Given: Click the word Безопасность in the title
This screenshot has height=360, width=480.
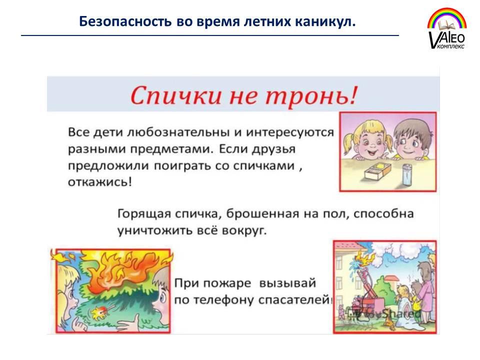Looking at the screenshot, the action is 125,21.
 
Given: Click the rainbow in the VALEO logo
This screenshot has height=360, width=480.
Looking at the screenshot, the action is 447,18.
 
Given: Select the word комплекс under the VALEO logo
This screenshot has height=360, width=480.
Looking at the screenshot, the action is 451,46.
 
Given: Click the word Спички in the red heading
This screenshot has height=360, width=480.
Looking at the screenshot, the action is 175,95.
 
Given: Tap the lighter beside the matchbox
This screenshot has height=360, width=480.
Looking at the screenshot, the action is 406,174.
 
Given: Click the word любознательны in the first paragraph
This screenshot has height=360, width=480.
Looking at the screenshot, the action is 178,132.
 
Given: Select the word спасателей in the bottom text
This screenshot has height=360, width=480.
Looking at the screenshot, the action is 293,299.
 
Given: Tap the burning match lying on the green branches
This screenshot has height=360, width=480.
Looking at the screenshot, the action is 99,312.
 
